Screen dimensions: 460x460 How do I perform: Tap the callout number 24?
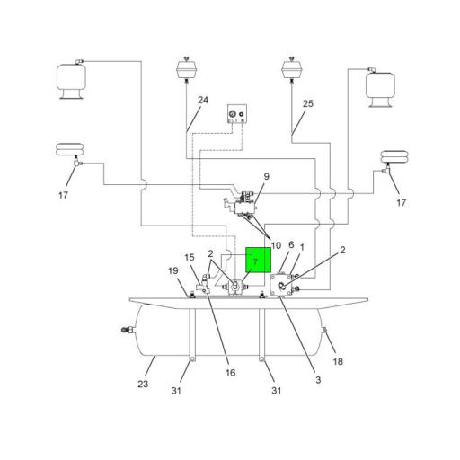click(203, 101)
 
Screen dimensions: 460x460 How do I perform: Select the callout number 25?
click(307, 104)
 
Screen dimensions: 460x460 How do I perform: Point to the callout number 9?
click(266, 176)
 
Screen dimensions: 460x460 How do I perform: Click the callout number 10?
click(276, 245)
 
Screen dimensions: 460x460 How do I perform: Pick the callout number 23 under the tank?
click(142, 385)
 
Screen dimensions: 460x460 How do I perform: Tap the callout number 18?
click(338, 361)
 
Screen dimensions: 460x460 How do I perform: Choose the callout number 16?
click(231, 372)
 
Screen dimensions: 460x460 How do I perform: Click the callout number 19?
click(172, 270)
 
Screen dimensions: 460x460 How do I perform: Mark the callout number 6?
click(291, 244)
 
